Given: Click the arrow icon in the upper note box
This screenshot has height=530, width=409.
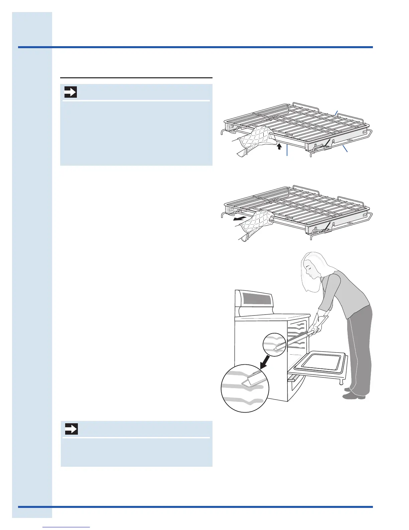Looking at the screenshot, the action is (71, 92).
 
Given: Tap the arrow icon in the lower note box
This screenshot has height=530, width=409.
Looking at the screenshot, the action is (71, 429).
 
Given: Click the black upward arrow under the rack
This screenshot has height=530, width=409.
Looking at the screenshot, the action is (279, 146).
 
